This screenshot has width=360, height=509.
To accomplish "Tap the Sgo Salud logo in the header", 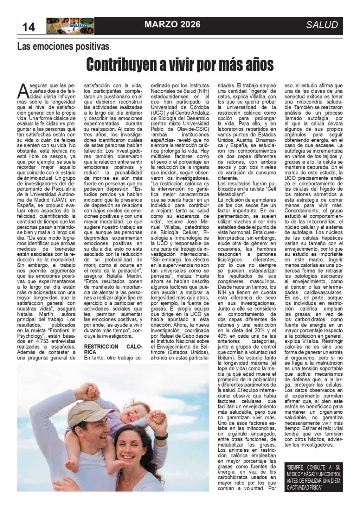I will click(70, 26).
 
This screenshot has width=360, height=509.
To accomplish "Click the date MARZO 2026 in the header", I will click(172, 24).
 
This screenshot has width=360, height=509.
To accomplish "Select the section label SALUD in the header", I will click(322, 25).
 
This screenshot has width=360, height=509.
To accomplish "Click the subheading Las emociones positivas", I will click(63, 46).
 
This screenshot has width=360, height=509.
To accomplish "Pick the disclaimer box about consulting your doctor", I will click(313, 477).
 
